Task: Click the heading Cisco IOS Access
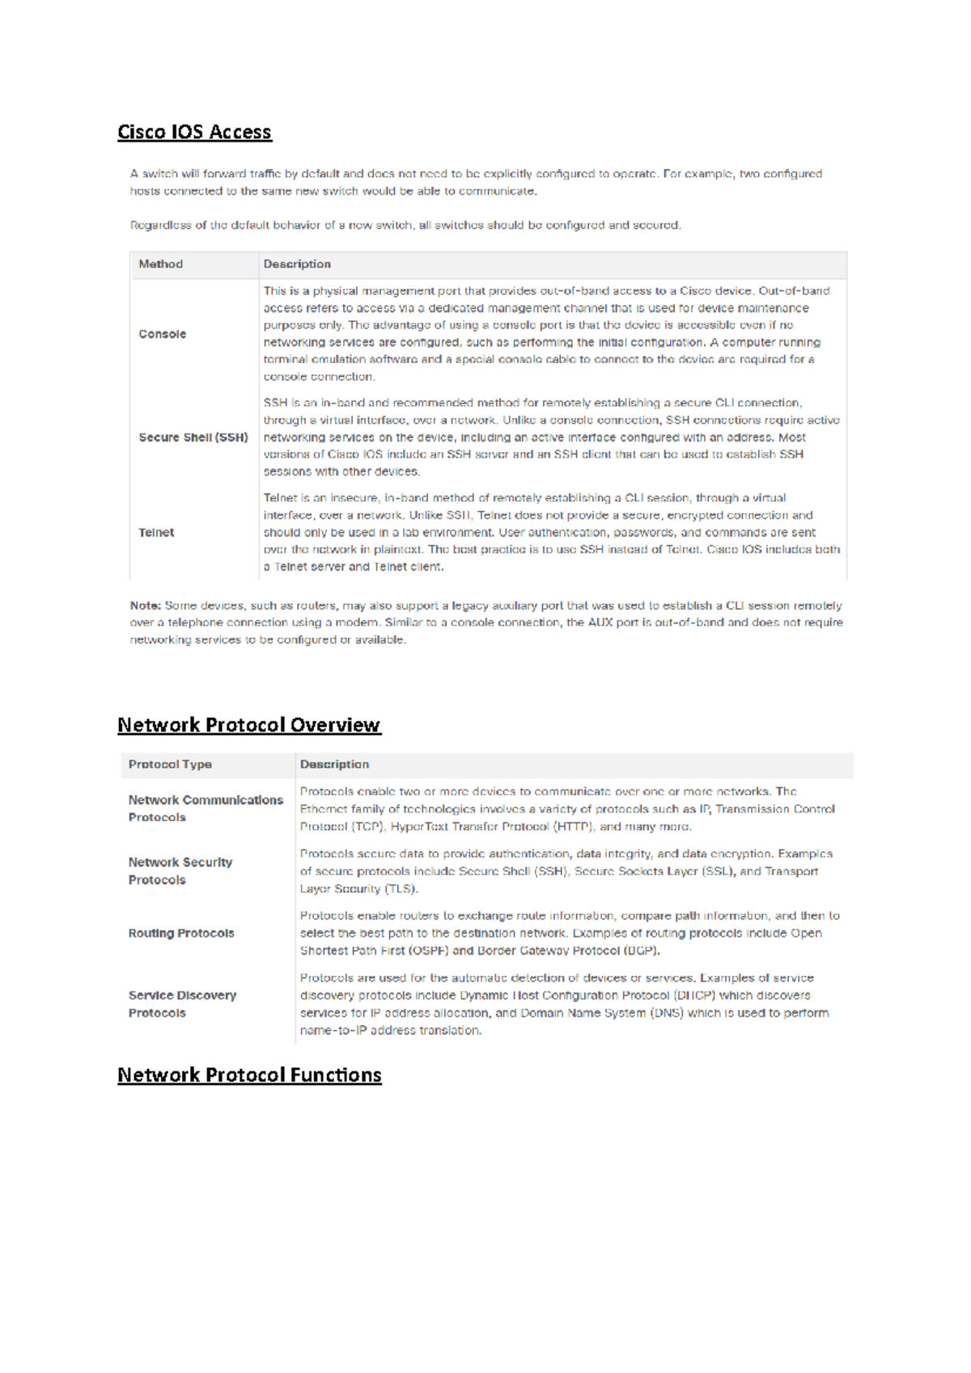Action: pos(194,132)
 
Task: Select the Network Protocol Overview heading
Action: pos(248,725)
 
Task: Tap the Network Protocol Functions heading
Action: pos(249,1075)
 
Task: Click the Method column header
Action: pos(160,264)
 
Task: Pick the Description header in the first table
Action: pos(297,264)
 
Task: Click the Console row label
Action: pos(162,334)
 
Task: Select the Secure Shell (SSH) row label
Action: pos(193,437)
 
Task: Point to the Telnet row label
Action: pos(156,533)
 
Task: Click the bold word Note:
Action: pos(146,606)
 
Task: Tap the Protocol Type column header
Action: pos(170,764)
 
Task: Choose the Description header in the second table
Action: pos(334,764)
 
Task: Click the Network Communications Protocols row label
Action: pos(206,809)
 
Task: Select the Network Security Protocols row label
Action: pos(180,871)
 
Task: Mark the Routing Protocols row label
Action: pos(181,933)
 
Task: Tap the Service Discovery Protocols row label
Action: pos(182,1004)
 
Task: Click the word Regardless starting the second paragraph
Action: pos(159,226)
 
